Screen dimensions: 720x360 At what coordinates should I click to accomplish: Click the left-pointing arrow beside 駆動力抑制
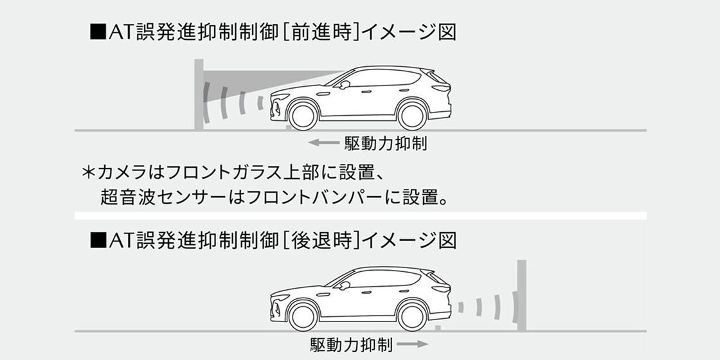(323, 143)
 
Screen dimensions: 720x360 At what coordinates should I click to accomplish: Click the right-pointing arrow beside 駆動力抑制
(412, 343)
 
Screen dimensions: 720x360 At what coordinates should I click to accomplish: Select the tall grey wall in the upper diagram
(199, 94)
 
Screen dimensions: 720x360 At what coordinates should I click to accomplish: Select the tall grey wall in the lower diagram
(521, 295)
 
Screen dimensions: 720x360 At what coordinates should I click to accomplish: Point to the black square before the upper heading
(97, 33)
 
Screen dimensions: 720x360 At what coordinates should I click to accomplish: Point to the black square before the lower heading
(97, 240)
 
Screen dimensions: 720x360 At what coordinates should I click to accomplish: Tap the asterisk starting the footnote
(87, 173)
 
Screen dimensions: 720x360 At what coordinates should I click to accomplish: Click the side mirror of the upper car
(344, 84)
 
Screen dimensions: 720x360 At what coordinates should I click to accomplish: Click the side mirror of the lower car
(344, 285)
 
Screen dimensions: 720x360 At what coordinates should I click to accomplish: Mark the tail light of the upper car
(441, 87)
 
